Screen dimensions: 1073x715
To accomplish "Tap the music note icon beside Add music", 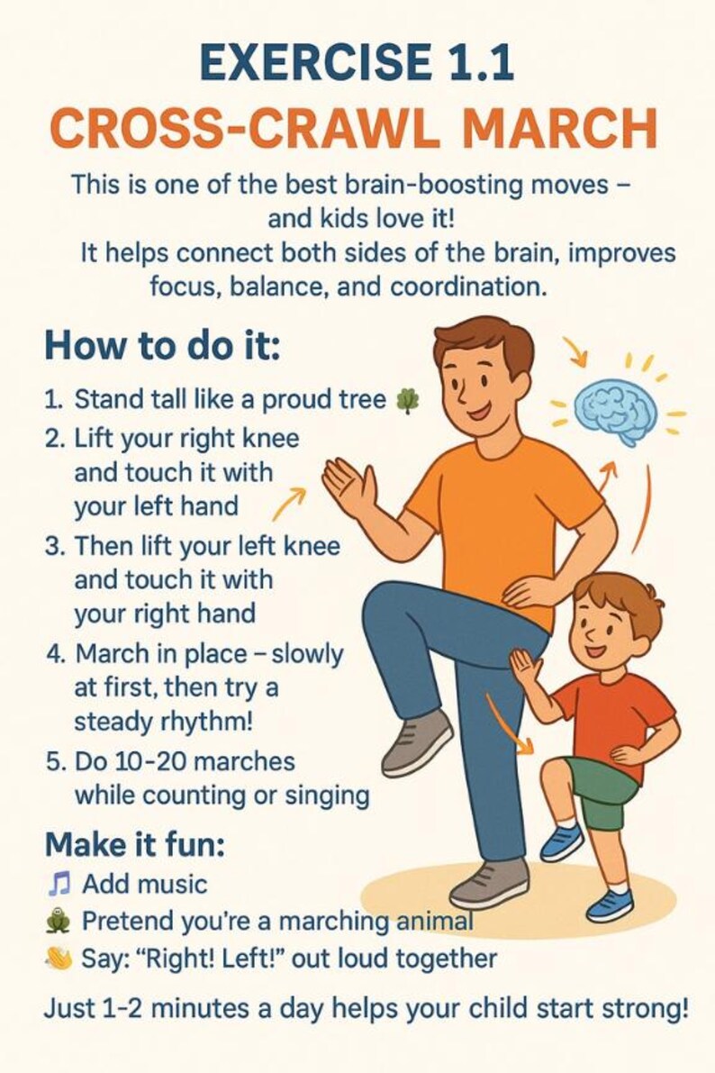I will [57, 883].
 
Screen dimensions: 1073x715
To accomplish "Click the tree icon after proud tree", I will [408, 400].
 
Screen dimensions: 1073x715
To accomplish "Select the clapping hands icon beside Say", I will [58, 959].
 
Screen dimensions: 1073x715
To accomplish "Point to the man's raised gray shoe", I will [417, 741].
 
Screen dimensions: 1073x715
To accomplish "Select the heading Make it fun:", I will [134, 844].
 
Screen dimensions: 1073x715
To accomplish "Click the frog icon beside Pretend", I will [57, 922].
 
